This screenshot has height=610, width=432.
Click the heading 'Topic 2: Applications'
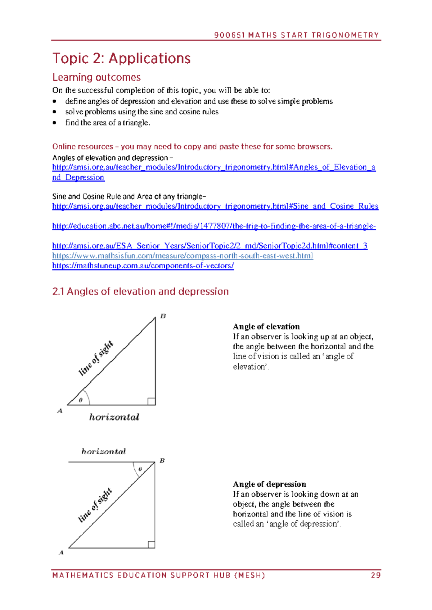(121, 58)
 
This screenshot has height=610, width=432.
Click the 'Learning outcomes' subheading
(96, 77)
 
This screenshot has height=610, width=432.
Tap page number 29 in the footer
(375, 575)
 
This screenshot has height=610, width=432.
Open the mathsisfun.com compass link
(182, 256)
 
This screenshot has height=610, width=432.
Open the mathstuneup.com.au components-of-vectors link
(143, 266)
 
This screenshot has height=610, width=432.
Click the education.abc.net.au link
(214, 226)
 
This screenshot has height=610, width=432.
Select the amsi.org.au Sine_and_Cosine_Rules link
(215, 206)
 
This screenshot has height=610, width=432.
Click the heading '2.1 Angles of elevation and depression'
(140, 291)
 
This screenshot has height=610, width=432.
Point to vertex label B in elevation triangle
(163, 316)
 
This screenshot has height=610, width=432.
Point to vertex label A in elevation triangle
(60, 411)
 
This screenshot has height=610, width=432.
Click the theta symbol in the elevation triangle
(81, 400)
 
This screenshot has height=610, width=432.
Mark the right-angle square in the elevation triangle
(152, 401)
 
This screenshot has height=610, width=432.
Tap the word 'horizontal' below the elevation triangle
(114, 417)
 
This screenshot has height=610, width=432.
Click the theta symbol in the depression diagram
(140, 469)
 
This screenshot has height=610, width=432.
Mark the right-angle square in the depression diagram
(151, 545)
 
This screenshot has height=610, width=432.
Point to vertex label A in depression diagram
(61, 552)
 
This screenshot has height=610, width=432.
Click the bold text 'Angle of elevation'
(266, 327)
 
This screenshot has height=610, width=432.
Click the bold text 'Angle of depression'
(269, 484)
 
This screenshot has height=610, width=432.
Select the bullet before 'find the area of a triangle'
(54, 123)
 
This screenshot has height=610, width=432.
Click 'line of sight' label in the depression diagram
(95, 505)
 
